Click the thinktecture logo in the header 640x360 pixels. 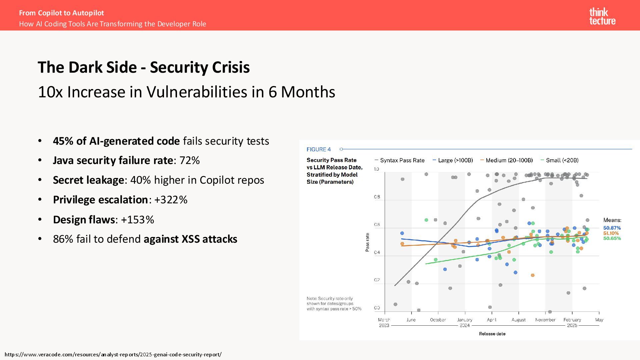point(602,16)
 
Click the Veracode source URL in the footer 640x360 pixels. point(113,354)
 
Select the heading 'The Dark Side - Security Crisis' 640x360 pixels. point(144,67)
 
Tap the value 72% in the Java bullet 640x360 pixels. point(189,160)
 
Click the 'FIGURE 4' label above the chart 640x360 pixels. point(319,149)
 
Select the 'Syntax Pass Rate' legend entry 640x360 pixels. point(402,160)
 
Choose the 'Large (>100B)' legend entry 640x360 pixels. point(455,160)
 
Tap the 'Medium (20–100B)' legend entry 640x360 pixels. point(509,160)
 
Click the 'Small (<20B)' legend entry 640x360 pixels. point(562,160)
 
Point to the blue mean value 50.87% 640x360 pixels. point(612,228)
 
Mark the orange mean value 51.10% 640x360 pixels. point(611,233)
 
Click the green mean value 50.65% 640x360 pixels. point(612,238)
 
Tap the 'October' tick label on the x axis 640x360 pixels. point(438,320)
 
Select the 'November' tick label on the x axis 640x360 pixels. point(545,320)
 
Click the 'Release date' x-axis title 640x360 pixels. point(492,334)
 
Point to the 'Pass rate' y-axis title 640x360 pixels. point(367,242)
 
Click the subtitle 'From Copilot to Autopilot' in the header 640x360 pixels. point(61,13)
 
